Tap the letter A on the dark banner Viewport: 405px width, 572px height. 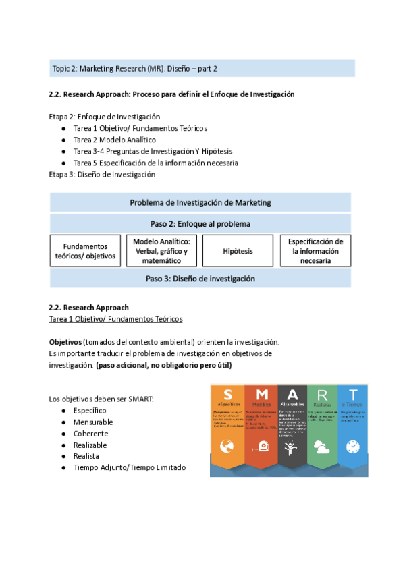pyautogui.click(x=291, y=394)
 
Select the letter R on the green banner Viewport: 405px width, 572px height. pyautogui.click(x=322, y=394)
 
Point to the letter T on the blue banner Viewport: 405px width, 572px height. pyautogui.click(x=352, y=394)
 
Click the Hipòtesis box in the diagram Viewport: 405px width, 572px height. pyautogui.click(x=238, y=251)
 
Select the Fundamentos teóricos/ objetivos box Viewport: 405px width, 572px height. pyautogui.click(x=85, y=251)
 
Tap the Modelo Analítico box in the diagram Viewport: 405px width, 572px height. pyautogui.click(x=161, y=251)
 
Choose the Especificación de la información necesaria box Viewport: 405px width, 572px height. pyautogui.click(x=315, y=251)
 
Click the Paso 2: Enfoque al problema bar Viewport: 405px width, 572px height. pyautogui.click(x=200, y=223)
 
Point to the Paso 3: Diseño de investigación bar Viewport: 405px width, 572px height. pyautogui.click(x=200, y=278)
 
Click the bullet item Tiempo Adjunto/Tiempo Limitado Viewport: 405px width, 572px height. pyautogui.click(x=129, y=467)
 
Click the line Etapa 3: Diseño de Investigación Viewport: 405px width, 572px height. pyautogui.click(x=102, y=174)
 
